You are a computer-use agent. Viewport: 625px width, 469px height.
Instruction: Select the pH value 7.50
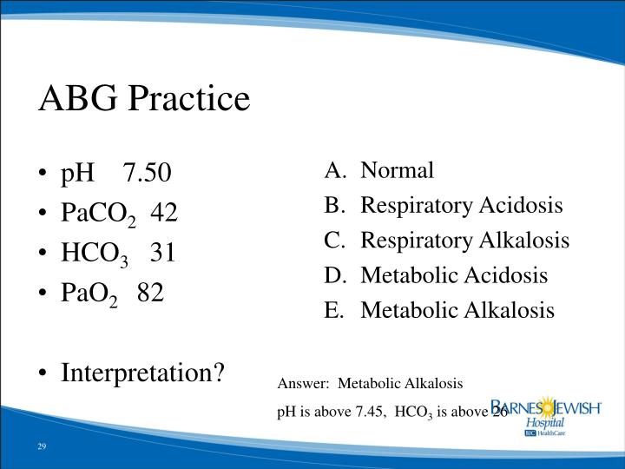click(148, 173)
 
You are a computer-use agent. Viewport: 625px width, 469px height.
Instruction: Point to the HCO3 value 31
click(163, 252)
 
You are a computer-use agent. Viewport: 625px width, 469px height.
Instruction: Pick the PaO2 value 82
click(149, 292)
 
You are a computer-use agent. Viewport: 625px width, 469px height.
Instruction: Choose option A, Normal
click(397, 170)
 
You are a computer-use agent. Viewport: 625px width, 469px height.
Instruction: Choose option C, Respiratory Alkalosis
click(464, 241)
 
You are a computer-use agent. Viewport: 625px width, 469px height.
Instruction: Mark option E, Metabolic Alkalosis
click(457, 310)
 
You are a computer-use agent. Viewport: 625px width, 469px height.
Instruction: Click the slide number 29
click(42, 446)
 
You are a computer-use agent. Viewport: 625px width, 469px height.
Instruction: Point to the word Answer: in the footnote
click(303, 383)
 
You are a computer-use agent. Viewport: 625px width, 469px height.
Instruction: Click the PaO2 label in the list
click(89, 294)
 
